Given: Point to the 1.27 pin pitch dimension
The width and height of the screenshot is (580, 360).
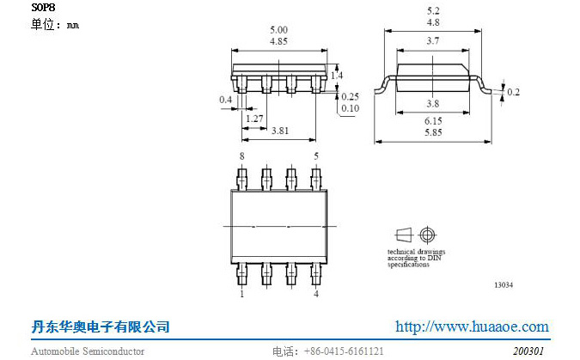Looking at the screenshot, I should [253, 118].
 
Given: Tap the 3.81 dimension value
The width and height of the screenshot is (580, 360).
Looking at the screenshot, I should [279, 131].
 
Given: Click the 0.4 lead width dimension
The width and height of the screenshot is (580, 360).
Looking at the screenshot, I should [225, 101].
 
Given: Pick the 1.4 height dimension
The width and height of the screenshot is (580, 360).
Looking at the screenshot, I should [337, 76].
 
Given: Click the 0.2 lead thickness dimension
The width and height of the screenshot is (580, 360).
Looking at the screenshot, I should [513, 92].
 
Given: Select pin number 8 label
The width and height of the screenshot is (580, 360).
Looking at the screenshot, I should [241, 156].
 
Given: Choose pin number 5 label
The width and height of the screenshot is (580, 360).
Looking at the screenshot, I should [316, 156].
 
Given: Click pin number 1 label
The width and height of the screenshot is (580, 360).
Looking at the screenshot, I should [241, 294].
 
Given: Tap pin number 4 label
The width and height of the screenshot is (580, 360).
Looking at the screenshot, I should [316, 294].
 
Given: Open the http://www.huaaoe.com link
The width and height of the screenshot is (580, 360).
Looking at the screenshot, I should [471, 326].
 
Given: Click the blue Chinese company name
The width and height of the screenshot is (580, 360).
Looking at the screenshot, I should [100, 327].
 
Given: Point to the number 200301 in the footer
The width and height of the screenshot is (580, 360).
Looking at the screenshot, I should [528, 351].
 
